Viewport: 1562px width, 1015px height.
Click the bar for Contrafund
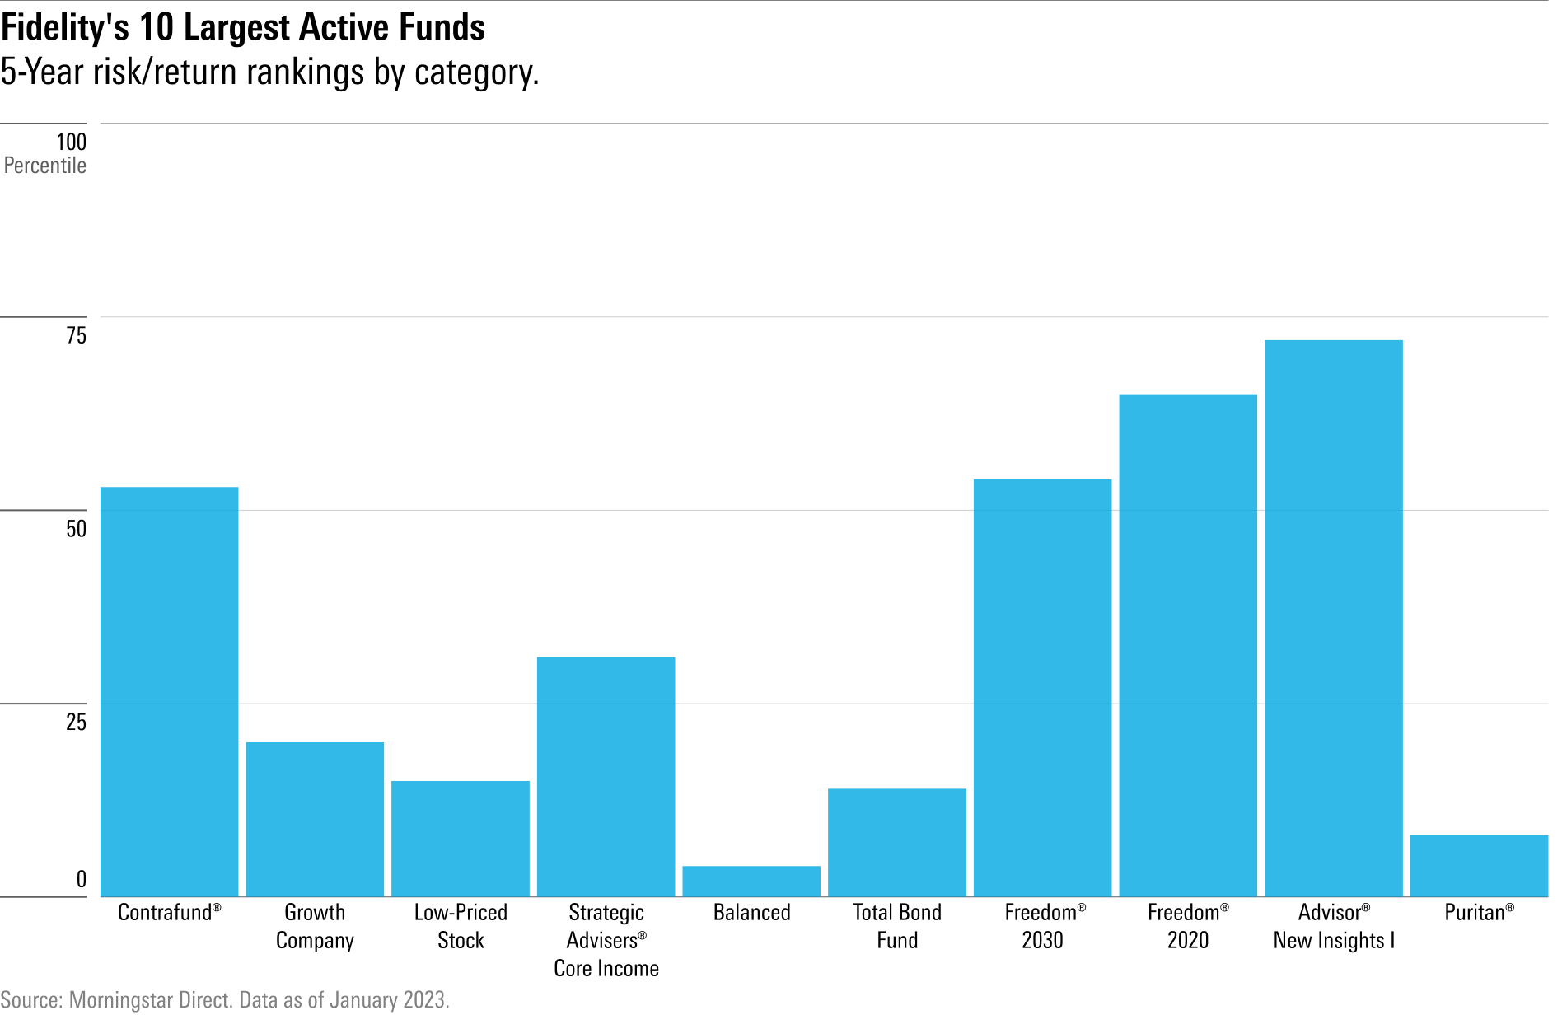(x=169, y=692)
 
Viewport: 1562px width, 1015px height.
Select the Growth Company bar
(x=315, y=820)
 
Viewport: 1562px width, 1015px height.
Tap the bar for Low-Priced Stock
(x=461, y=839)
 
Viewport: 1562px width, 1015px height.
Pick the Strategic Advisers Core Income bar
(x=606, y=777)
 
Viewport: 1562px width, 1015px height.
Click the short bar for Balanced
(x=751, y=882)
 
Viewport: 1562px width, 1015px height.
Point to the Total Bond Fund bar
(x=896, y=843)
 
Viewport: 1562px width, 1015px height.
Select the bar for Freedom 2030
(x=1042, y=688)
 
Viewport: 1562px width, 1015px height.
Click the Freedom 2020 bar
(x=1188, y=645)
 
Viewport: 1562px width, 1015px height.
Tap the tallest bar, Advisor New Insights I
(x=1333, y=618)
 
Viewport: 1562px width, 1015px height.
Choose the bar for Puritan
(x=1479, y=866)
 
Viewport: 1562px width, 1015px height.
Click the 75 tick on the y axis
(x=76, y=335)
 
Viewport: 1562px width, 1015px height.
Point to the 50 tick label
(x=76, y=529)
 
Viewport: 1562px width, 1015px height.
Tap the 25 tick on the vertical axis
(x=76, y=723)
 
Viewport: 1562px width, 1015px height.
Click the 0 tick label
(x=81, y=880)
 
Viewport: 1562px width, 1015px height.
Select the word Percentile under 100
(x=45, y=166)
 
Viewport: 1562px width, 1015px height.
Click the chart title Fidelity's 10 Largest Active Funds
(x=243, y=27)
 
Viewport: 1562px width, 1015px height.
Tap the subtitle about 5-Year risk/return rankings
(x=269, y=72)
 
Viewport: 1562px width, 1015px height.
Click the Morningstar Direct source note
(x=225, y=1000)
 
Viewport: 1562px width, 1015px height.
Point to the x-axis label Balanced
(x=751, y=913)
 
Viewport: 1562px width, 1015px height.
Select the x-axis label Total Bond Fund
(x=896, y=926)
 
